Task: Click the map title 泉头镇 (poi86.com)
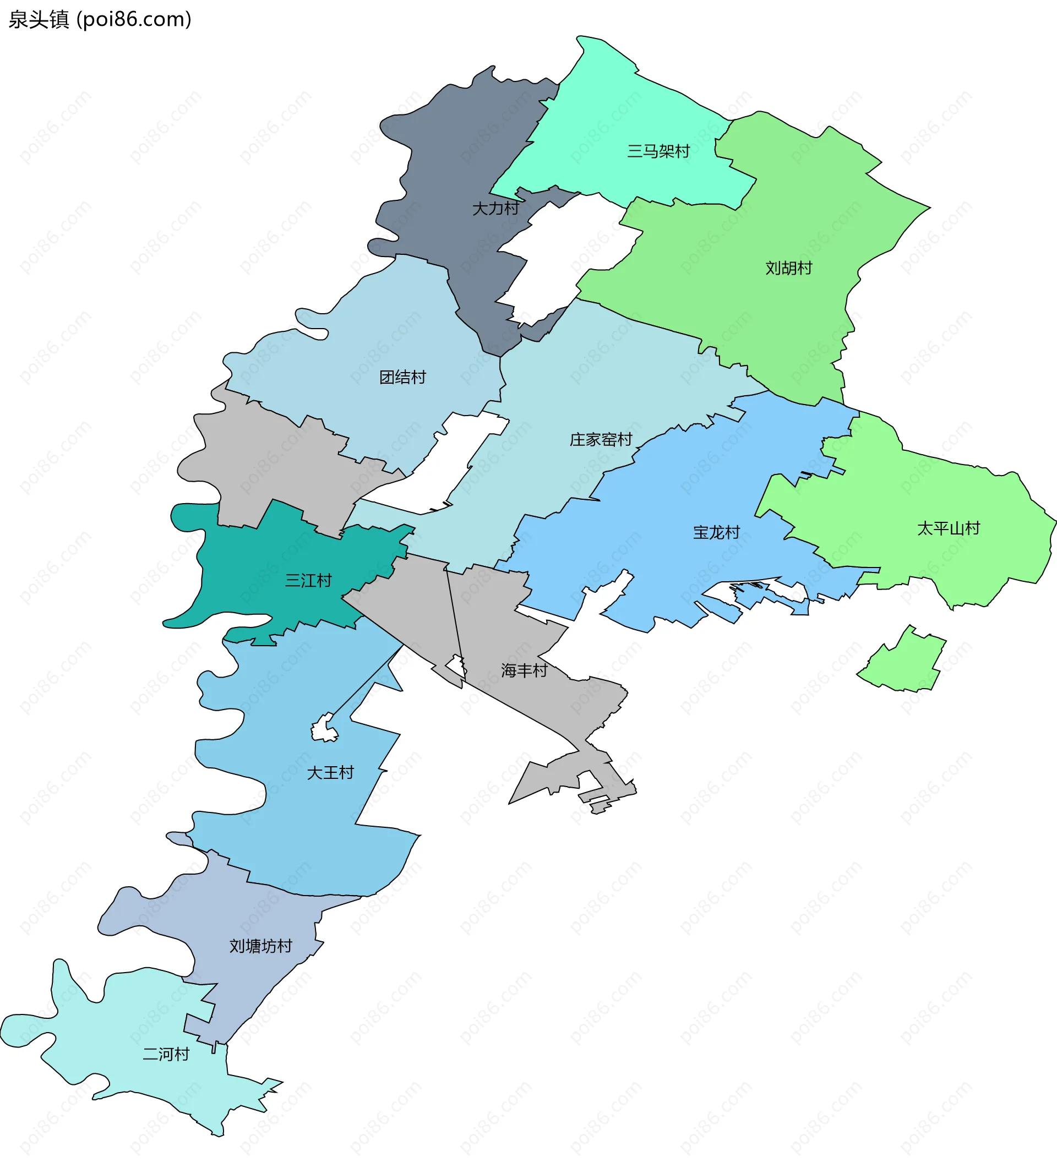click(x=100, y=20)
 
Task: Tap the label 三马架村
click(x=658, y=151)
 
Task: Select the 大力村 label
click(x=495, y=209)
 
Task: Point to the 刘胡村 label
click(x=788, y=268)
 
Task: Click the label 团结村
click(x=402, y=378)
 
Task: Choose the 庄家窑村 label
click(x=601, y=440)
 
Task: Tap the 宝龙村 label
click(x=716, y=532)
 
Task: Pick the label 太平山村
click(x=948, y=528)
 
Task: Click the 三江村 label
click(x=308, y=581)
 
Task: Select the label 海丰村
click(x=524, y=670)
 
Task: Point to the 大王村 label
click(x=330, y=773)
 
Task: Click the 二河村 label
click(x=166, y=1054)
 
